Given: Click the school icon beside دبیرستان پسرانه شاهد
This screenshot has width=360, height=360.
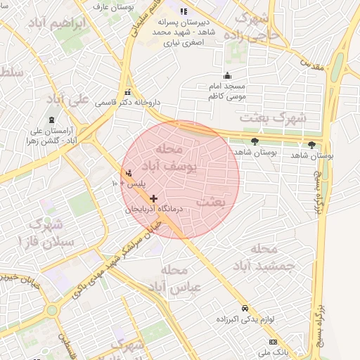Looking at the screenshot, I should point(184,12).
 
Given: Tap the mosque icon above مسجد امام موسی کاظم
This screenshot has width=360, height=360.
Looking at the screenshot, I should point(226,76).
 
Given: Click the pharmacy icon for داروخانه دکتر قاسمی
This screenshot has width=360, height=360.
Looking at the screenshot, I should point(127,92).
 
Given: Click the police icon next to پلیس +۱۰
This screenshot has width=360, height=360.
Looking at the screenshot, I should point(128,173).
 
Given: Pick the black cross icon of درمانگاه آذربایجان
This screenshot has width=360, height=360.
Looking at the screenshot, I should point(154,198).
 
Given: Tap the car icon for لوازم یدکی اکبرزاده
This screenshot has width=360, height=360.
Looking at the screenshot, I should point(244,308).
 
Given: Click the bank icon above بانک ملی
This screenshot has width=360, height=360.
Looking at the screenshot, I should point(264,341).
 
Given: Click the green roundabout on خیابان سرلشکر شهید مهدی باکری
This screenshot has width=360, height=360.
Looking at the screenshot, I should point(51,309).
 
